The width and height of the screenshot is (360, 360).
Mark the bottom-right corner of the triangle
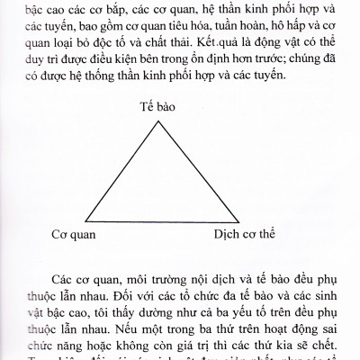(226, 221)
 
